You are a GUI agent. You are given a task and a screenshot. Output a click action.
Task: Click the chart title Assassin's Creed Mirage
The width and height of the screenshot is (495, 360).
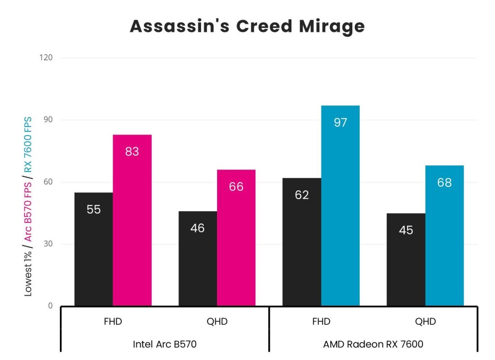247,27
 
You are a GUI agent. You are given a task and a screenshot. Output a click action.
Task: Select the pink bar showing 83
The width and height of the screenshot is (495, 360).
132,220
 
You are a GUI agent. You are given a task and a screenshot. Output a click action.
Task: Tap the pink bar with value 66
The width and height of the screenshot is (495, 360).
236,237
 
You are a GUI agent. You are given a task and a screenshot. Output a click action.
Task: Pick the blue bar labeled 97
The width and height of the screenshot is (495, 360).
340,205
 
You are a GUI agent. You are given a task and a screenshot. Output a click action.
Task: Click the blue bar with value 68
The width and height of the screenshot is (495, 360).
444,235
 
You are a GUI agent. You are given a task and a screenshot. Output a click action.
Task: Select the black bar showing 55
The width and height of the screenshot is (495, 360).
93,249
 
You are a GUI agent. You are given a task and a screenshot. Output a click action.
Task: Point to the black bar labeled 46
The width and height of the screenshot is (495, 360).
197,258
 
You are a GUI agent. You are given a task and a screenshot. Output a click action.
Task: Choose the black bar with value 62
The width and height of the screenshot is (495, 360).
302,242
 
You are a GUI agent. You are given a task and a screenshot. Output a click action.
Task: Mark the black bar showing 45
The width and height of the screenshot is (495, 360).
406,259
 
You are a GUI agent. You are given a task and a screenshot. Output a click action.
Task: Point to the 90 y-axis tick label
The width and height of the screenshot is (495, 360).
49,120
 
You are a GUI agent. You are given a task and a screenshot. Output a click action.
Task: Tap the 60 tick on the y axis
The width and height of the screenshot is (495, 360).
49,182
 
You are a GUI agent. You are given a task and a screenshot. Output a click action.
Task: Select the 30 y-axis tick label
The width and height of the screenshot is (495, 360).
49,244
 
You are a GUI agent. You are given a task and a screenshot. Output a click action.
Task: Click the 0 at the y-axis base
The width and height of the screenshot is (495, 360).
51,306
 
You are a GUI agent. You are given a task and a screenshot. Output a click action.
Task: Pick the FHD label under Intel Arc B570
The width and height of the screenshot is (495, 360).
113,322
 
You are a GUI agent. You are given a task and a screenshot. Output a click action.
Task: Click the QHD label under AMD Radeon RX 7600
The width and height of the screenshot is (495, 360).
425,322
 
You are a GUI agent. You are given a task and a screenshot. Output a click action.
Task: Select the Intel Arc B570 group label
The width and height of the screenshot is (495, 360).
165,344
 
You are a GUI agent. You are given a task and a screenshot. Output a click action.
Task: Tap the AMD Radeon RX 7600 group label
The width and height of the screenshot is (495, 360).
373,344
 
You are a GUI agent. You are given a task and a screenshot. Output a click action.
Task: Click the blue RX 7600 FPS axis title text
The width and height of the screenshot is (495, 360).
29,144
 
